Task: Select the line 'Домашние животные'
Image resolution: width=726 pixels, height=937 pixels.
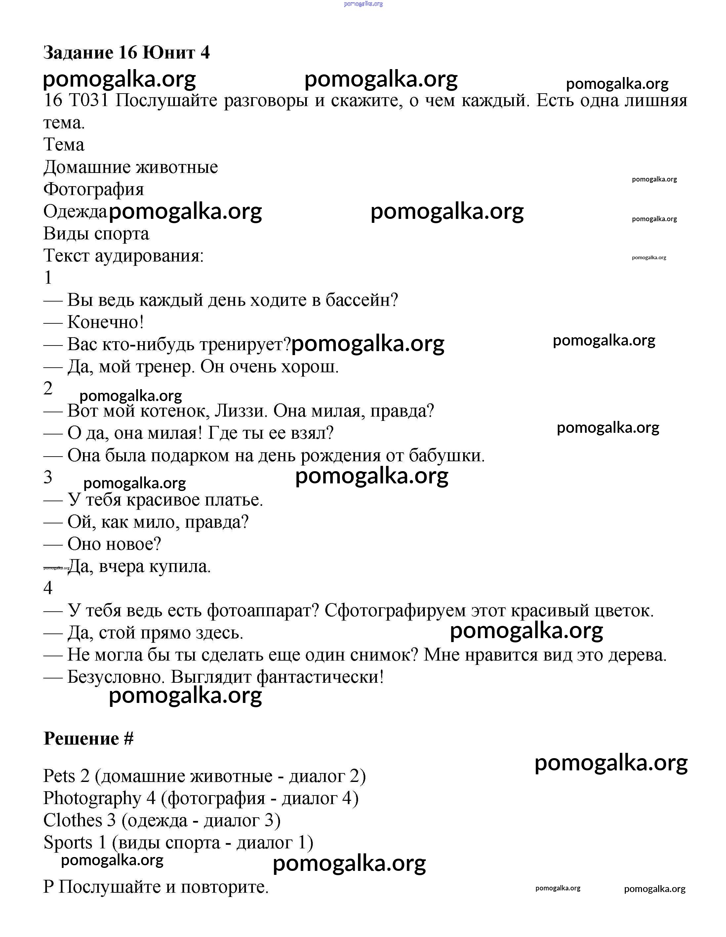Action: point(131,167)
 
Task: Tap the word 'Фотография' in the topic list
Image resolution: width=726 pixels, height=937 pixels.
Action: point(94,189)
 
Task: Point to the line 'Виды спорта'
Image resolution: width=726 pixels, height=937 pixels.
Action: point(96,234)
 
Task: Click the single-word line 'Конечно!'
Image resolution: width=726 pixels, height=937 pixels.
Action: point(105,322)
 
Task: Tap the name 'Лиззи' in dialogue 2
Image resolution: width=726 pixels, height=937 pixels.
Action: point(241,411)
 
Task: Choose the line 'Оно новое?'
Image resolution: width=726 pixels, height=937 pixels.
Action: point(114,544)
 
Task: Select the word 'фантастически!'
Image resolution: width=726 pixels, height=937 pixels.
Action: point(320,677)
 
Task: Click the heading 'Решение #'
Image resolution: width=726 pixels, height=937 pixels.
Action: point(88,739)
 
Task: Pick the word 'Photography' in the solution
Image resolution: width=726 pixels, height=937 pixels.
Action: point(92,798)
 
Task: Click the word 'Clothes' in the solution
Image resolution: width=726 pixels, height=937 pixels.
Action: point(73,820)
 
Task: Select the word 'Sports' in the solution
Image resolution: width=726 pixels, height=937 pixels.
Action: point(68,843)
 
